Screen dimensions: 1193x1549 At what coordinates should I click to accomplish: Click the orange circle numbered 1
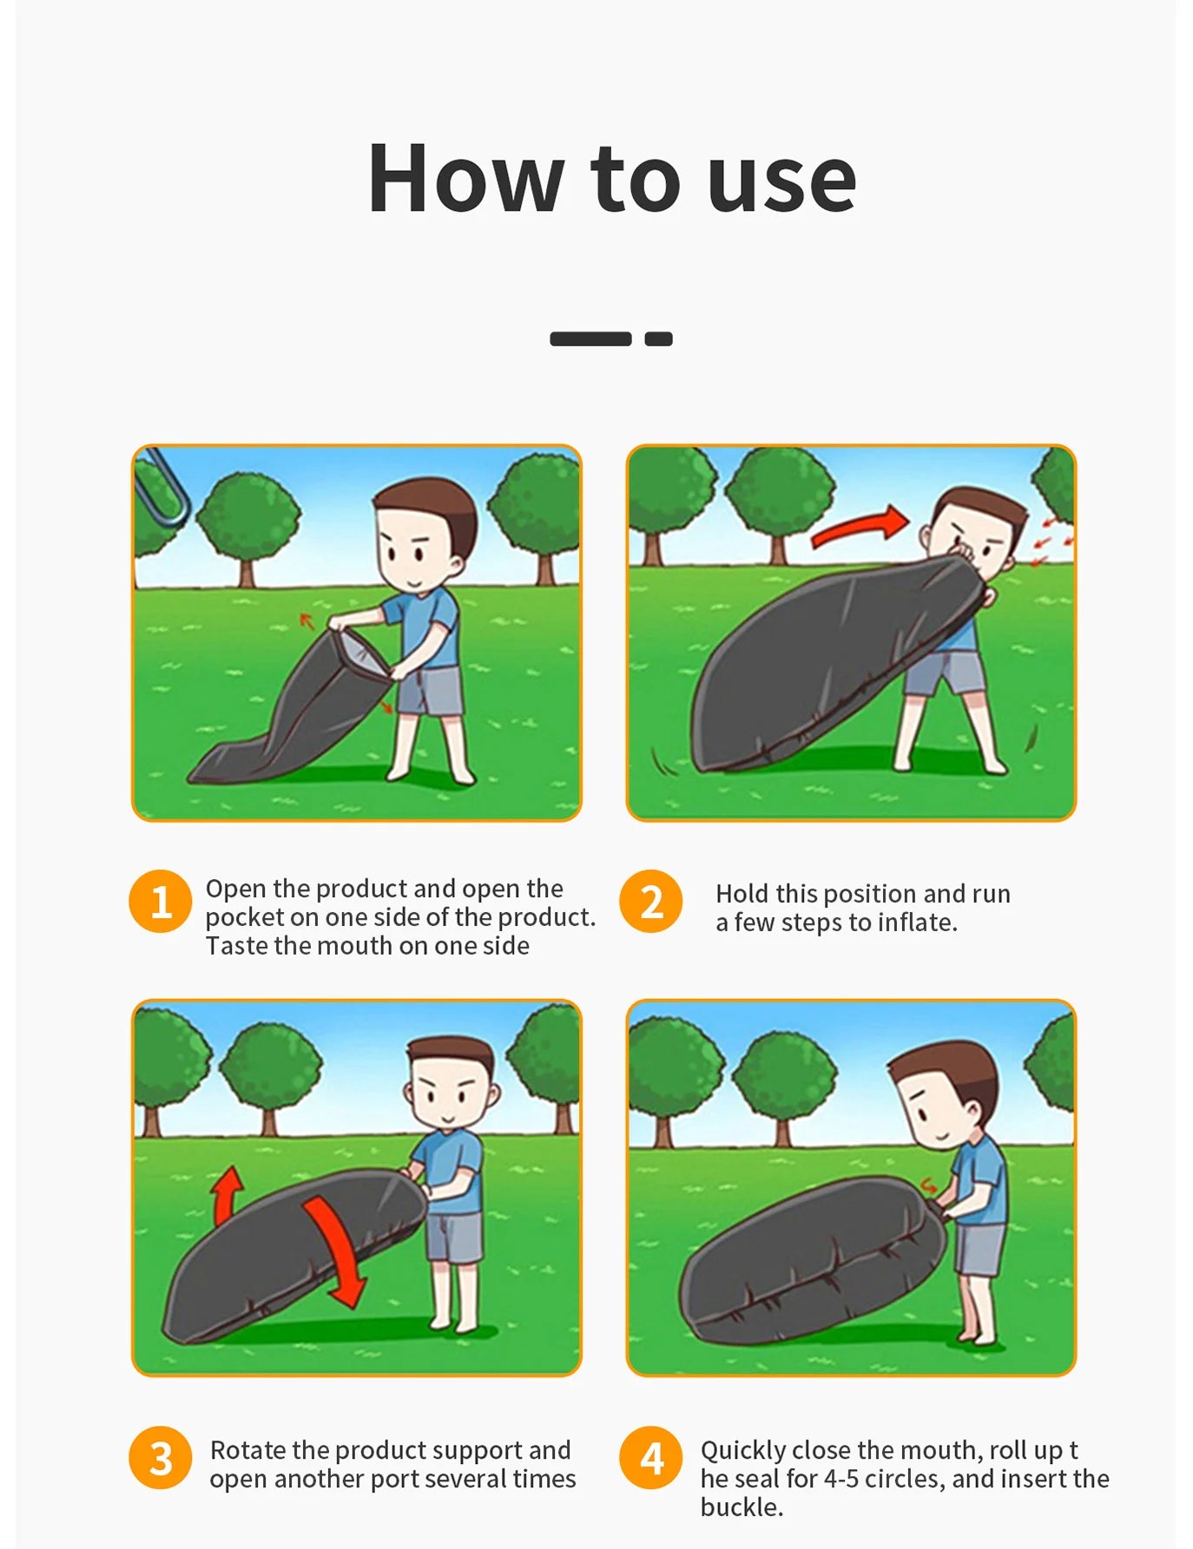click(x=161, y=901)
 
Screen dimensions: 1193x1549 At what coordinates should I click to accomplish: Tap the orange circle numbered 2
click(x=651, y=901)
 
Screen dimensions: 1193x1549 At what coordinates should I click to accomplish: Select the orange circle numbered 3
click(x=161, y=1458)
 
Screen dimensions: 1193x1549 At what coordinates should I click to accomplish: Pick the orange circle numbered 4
click(x=651, y=1458)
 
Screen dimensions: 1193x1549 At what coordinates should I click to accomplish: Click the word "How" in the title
click(x=465, y=178)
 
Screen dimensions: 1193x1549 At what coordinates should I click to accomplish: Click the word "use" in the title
click(x=782, y=186)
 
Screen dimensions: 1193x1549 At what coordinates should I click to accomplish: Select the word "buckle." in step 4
click(x=742, y=1507)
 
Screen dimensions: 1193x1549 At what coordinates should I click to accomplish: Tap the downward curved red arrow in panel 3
click(x=335, y=1250)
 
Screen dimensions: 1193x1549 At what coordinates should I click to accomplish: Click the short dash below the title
click(x=658, y=338)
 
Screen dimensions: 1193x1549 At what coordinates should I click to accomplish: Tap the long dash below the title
click(x=590, y=338)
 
